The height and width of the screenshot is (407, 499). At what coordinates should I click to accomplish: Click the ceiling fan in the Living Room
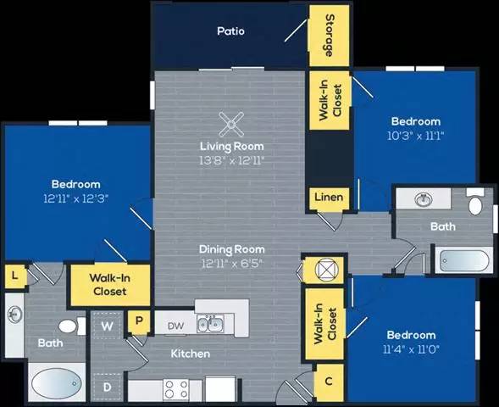(x=230, y=125)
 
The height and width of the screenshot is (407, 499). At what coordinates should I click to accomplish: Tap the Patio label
(x=230, y=31)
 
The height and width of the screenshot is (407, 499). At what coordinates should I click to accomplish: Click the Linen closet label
(x=328, y=198)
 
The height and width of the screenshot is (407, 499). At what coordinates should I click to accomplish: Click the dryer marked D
(x=108, y=386)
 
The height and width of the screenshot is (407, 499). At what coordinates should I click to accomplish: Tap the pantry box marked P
(x=137, y=323)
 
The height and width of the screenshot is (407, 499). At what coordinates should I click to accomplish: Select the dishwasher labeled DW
(x=175, y=324)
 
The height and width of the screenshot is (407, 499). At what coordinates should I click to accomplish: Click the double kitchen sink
(x=209, y=324)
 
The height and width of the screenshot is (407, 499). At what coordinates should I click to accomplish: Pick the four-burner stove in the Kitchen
(x=176, y=389)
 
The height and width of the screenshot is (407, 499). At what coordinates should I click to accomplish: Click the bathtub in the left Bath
(x=58, y=383)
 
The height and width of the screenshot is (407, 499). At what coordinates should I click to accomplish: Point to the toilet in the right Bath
(x=475, y=204)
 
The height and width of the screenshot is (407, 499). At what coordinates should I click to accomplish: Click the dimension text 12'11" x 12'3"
(x=76, y=198)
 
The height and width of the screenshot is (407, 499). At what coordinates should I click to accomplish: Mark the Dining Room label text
(x=231, y=249)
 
